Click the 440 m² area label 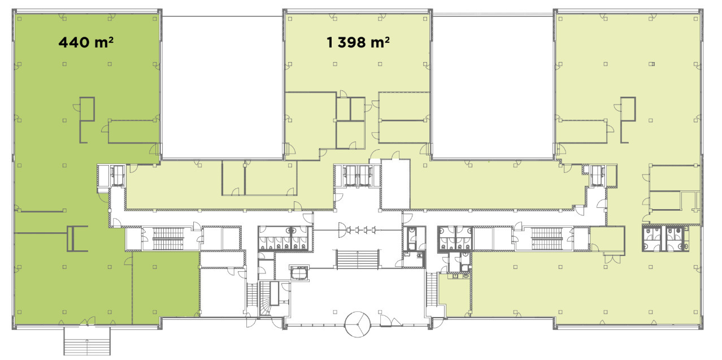86,42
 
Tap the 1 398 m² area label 358,42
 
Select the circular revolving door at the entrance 358,324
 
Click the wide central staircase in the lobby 358,259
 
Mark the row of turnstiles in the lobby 358,230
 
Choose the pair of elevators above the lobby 357,176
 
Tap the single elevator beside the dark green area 118,175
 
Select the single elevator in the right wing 598,176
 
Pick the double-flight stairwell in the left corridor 168,238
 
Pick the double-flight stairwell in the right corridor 547,238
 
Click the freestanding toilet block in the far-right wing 666,238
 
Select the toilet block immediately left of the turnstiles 285,238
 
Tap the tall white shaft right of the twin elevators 395,184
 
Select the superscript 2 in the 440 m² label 111,40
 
